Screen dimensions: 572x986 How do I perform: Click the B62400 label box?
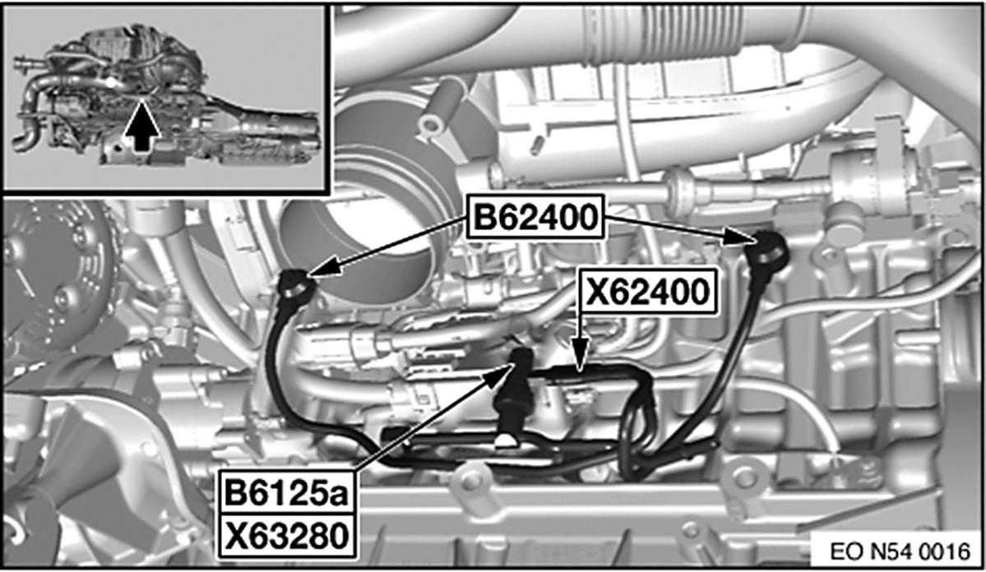click(535, 219)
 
